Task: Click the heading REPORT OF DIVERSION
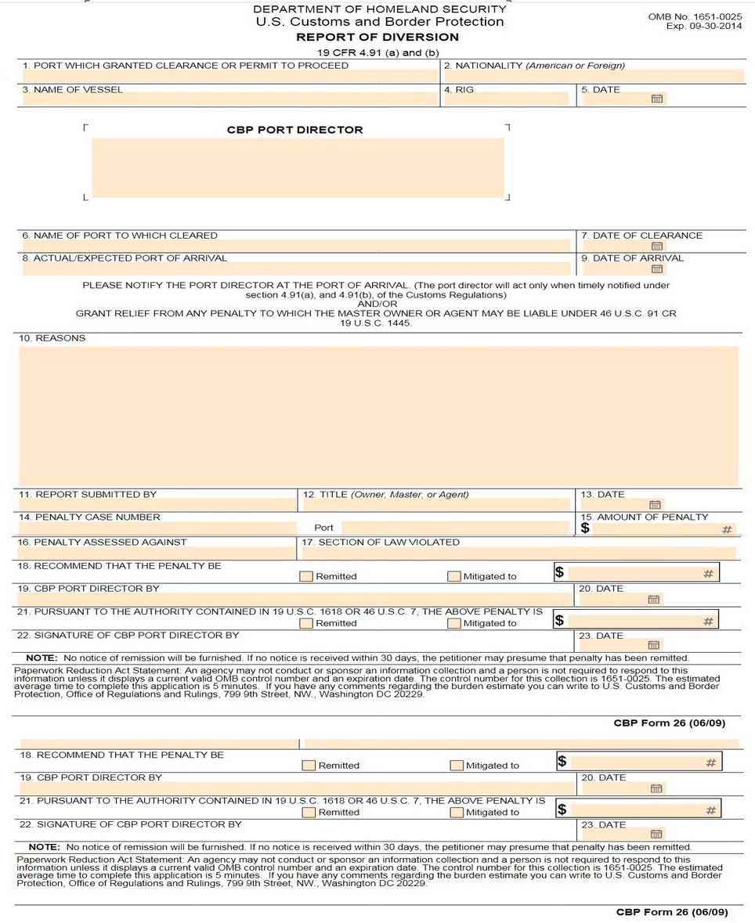[x=377, y=37]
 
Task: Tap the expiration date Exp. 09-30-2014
[x=703, y=26]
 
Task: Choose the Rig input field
[x=506, y=99]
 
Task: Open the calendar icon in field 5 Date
[x=657, y=99]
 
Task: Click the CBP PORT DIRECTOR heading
[x=295, y=130]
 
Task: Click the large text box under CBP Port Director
[x=298, y=168]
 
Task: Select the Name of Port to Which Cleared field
[x=296, y=246]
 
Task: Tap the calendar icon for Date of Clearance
[x=656, y=246]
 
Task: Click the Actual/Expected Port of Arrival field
[x=296, y=269]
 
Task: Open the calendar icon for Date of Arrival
[x=656, y=269]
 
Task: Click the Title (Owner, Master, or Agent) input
[x=436, y=505]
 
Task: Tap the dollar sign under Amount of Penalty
[x=585, y=528]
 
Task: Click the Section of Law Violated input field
[x=518, y=553]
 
